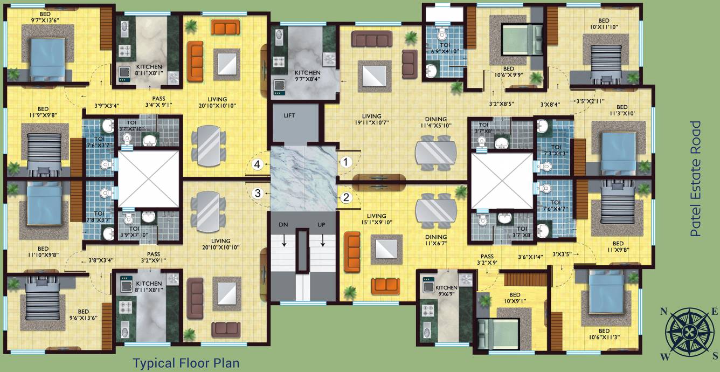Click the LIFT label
[289, 115]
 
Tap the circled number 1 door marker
[345, 161]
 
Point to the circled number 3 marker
[259, 193]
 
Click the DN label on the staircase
[284, 224]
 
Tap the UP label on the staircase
[322, 224]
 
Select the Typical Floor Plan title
[186, 363]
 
